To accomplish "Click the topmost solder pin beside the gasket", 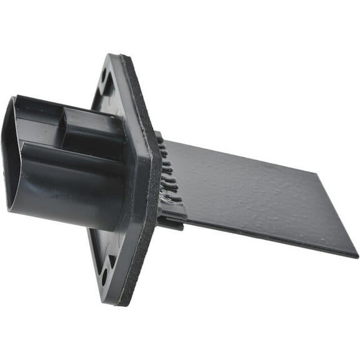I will pos(161,141).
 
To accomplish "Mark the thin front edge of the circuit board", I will pos(262,231).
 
